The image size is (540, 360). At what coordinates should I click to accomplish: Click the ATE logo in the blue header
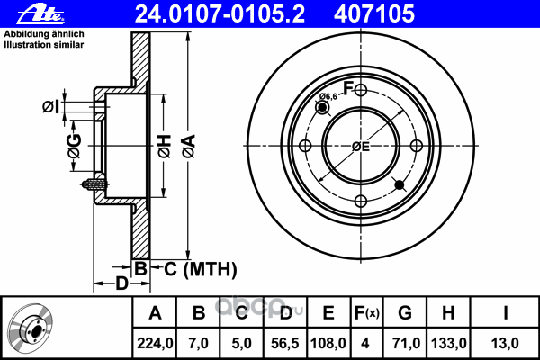point(40,14)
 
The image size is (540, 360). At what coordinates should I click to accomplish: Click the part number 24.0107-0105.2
point(220,14)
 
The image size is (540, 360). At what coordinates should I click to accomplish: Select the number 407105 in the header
point(374,14)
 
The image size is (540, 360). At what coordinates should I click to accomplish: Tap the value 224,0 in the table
point(155,343)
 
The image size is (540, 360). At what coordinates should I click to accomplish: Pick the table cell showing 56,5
point(284,343)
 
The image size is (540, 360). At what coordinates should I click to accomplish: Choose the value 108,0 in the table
point(328,343)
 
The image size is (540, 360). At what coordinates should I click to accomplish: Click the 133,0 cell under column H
point(449,343)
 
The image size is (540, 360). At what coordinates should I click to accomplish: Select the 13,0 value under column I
point(505,343)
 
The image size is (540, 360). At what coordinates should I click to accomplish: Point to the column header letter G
point(405,313)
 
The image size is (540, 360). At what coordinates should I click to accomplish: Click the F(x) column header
point(367,313)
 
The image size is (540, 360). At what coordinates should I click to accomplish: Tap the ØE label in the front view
point(361,147)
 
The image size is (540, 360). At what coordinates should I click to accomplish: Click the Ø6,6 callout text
point(328,96)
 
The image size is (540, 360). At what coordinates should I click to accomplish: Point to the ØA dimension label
point(189,147)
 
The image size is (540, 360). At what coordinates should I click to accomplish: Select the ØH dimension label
point(165,147)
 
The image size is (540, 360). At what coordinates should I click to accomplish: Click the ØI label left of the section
point(51,107)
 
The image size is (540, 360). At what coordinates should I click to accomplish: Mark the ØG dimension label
point(75,146)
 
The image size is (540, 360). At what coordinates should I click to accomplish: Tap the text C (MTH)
point(201,269)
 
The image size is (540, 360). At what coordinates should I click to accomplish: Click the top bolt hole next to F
point(361,90)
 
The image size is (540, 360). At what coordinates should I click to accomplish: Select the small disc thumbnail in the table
point(31,328)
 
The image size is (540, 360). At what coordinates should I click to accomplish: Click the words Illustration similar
point(44,45)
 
